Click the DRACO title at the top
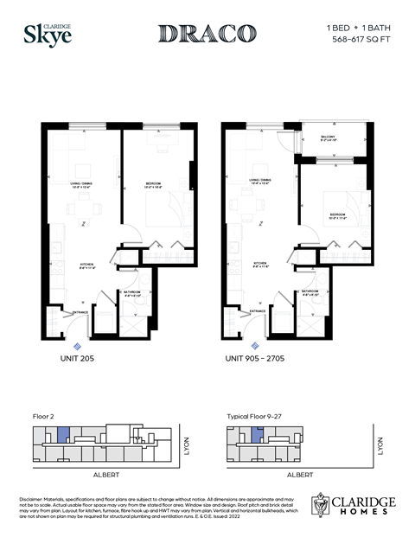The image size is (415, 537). tap(207, 34)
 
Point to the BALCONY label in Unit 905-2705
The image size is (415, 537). tap(329, 138)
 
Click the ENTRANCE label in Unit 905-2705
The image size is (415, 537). tap(258, 310)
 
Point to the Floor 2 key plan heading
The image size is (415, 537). tap(42, 416)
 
